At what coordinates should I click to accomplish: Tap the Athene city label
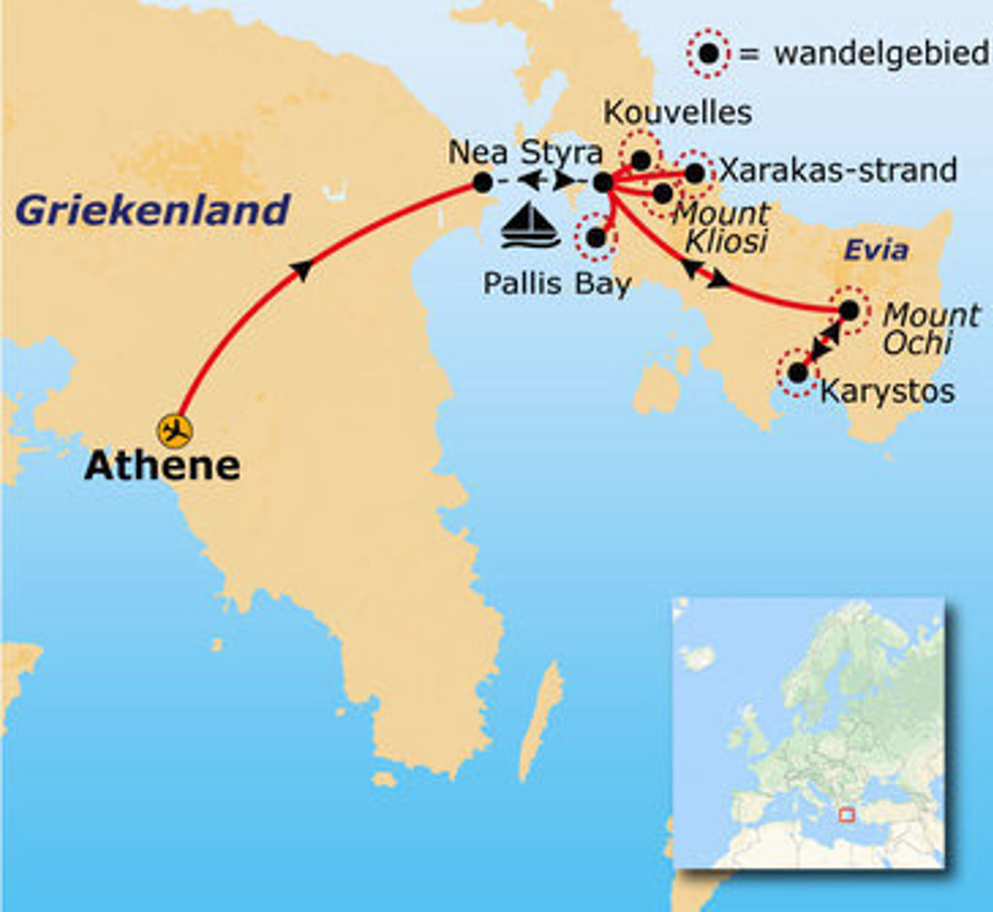coord(161,466)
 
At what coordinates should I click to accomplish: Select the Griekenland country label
coord(152,210)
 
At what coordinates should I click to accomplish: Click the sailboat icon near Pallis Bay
coord(529,227)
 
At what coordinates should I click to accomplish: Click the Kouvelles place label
coord(677,113)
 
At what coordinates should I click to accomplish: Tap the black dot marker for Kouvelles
coord(641,158)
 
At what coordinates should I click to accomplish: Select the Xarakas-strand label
coord(839,171)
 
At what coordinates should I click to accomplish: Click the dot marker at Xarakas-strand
coord(694,173)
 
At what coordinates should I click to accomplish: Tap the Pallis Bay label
coord(557,284)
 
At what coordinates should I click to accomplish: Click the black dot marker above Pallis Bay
coord(595,236)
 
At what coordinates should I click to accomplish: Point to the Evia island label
coord(876,250)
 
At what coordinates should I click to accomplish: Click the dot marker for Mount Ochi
coord(849,310)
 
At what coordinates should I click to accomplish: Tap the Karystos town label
coord(887,391)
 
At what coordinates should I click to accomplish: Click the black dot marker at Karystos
coord(797,372)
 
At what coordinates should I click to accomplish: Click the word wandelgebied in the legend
coord(881,53)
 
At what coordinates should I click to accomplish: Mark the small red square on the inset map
coord(847,816)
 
